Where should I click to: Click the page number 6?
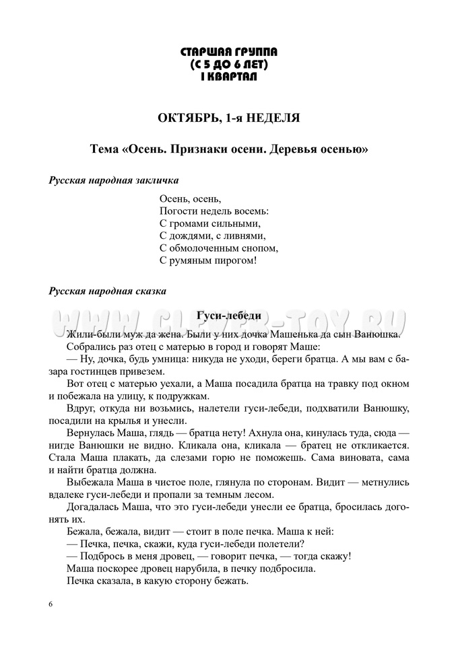click(x=51, y=604)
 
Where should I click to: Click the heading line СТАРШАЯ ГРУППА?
click(x=229, y=51)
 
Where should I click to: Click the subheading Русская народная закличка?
click(x=113, y=180)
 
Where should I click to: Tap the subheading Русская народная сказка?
click(x=108, y=291)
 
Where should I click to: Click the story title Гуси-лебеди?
click(x=228, y=316)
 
